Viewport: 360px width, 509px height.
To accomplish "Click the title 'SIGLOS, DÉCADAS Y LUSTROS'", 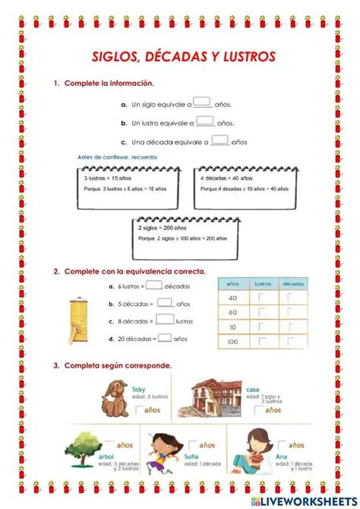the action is click(183, 56).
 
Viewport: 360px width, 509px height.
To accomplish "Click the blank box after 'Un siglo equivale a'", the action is click(201, 103).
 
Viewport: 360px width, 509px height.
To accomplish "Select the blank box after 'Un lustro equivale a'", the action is click(205, 120).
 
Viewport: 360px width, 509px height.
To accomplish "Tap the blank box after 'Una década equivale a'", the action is click(219, 139).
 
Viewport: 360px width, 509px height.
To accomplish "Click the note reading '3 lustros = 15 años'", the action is click(103, 178).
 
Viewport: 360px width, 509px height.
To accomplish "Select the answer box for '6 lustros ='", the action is click(153, 286).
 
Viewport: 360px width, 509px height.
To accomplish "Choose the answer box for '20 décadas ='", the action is click(163, 337).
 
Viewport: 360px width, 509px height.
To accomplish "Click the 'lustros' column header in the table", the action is click(263, 283).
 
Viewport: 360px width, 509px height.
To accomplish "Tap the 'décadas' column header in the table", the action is click(292, 283).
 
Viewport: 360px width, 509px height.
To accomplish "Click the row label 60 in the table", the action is click(232, 312).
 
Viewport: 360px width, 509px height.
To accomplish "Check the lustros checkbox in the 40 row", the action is click(262, 298).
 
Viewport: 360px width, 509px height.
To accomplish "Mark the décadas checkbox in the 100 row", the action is click(291, 342).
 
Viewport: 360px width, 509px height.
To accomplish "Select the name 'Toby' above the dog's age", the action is click(137, 388).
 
